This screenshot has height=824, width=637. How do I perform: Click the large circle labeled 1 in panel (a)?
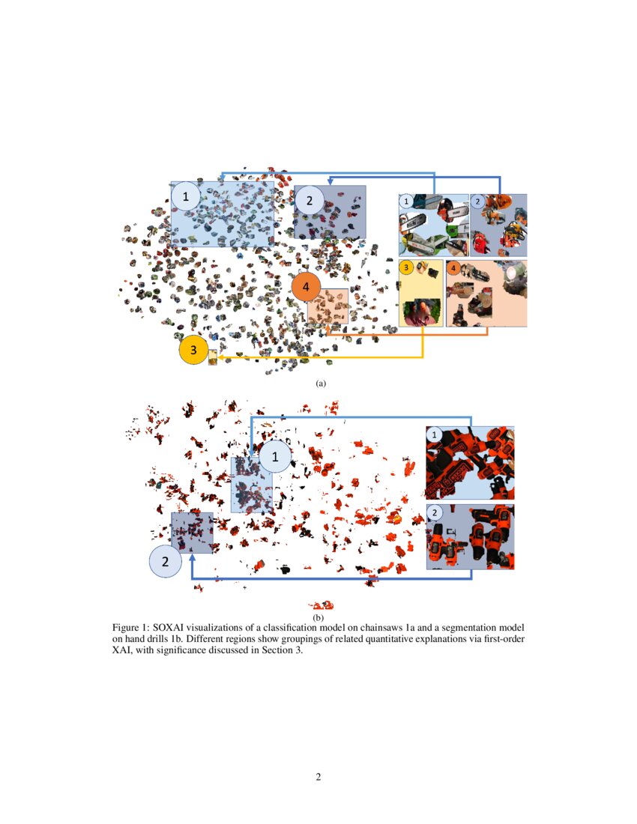185,197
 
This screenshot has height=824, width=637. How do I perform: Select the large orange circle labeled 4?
306,288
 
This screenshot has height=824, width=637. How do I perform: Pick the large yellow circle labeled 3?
193,349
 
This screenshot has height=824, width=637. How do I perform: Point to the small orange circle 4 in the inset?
453,267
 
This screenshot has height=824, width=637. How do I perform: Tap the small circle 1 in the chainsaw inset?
406,201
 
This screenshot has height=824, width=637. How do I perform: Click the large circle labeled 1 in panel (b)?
274,455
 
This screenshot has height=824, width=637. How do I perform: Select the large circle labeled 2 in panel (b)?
166,561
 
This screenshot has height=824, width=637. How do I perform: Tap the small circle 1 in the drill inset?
434,434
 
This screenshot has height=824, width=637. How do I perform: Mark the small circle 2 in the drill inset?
434,513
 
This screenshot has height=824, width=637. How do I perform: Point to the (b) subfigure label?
318,617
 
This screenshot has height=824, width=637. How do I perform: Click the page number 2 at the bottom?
318,777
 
